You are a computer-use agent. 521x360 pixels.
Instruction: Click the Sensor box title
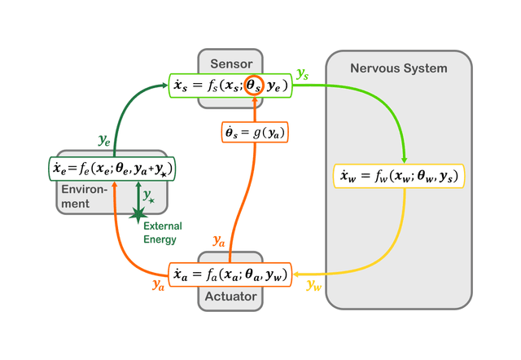[x=231, y=63]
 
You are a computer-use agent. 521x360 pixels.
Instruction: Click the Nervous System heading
[x=398, y=68]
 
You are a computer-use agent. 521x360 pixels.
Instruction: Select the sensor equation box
[x=230, y=86]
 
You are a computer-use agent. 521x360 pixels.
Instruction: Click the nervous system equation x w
[x=399, y=176]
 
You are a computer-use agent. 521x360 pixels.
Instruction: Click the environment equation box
[x=113, y=169]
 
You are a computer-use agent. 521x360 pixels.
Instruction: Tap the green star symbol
[x=138, y=213]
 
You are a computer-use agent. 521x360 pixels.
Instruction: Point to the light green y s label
[x=303, y=73]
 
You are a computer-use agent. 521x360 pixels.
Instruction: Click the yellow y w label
[x=313, y=284]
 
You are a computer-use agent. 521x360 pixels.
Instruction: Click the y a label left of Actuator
[x=159, y=284]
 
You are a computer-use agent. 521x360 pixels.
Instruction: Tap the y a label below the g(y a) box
[x=219, y=239]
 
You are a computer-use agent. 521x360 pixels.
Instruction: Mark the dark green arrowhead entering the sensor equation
[x=164, y=84]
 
